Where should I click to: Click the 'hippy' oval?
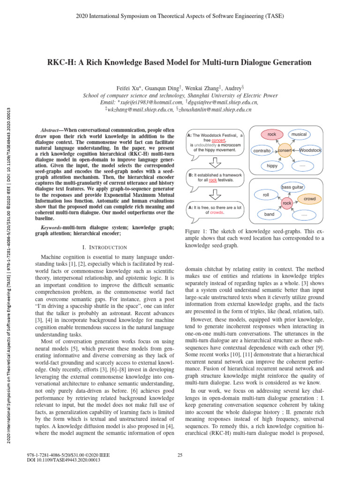[x=272, y=166]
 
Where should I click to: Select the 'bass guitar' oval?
[x=293, y=187]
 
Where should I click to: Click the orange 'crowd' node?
[x=310, y=199]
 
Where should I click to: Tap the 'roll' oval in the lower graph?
[x=265, y=194]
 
